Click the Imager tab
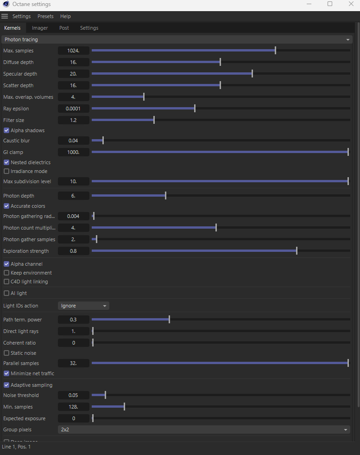click(40, 28)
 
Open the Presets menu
click(45, 16)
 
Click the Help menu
click(65, 16)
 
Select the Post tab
click(64, 28)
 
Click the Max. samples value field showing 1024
click(73, 51)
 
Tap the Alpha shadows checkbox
click(6, 130)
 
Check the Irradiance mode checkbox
click(6, 171)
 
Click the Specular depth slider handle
click(252, 74)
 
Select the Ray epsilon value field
click(73, 109)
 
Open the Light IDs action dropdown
click(83, 306)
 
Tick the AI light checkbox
click(6, 293)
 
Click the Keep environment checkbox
click(6, 273)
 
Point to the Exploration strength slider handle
click(297, 251)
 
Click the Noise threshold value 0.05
click(73, 395)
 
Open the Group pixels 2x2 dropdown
click(204, 429)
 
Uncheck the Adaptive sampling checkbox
click(6, 385)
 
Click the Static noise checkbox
click(6, 353)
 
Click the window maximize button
click(330, 4)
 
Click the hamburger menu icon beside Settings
click(5, 16)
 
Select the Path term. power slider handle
click(169, 320)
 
